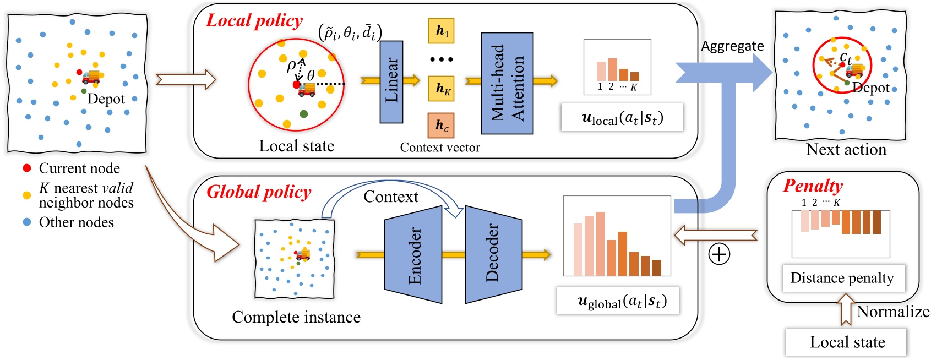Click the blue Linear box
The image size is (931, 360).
click(x=391, y=82)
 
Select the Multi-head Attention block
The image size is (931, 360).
click(x=507, y=83)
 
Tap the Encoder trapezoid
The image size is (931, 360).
click(x=413, y=255)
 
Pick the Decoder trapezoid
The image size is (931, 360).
click(x=493, y=254)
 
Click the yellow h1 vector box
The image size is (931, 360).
click(x=441, y=31)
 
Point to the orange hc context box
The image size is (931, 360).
click(x=441, y=125)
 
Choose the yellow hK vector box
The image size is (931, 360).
click(x=441, y=88)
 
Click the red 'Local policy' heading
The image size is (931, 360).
click(x=254, y=21)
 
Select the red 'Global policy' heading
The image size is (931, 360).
click(x=259, y=192)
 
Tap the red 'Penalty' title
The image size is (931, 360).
click(x=813, y=186)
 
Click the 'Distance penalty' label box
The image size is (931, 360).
click(x=842, y=278)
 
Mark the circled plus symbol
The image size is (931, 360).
click(x=719, y=254)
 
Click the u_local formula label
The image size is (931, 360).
click(x=622, y=118)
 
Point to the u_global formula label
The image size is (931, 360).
click(x=618, y=301)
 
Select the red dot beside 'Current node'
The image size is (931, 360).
click(x=26, y=168)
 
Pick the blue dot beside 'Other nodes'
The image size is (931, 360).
click(x=26, y=222)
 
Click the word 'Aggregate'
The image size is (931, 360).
click(x=732, y=46)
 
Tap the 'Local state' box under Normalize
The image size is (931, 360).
click(x=846, y=342)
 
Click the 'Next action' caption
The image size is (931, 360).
click(x=846, y=150)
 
